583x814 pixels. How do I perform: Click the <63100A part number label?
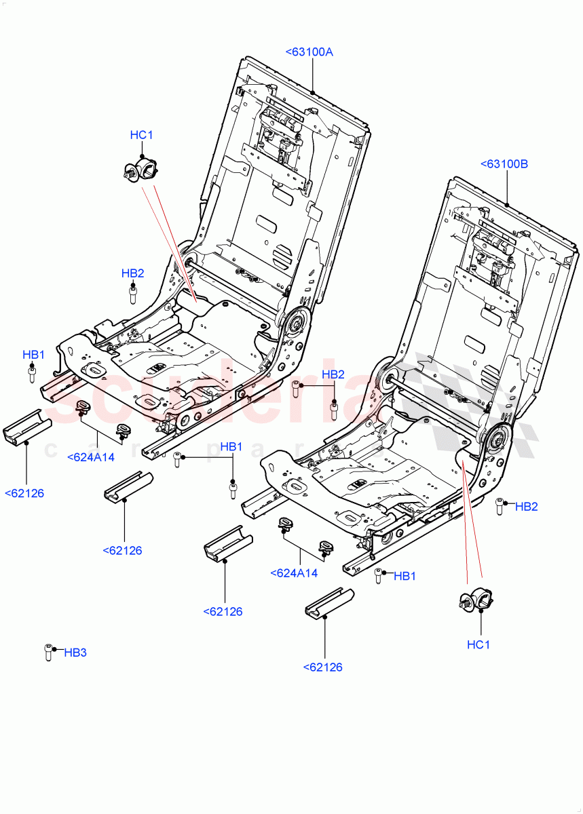(309, 52)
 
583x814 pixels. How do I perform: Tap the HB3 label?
(75, 653)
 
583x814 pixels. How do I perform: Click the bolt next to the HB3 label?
(48, 651)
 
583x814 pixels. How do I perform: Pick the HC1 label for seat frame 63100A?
(141, 136)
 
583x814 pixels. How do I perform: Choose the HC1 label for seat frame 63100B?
(478, 644)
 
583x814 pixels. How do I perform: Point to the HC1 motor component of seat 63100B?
(476, 602)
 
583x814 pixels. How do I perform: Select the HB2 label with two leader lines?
(333, 374)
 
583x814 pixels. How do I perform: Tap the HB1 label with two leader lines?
(231, 446)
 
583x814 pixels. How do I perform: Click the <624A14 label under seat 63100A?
(91, 457)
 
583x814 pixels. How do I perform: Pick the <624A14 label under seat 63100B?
(294, 573)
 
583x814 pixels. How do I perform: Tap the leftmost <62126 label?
(24, 493)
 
